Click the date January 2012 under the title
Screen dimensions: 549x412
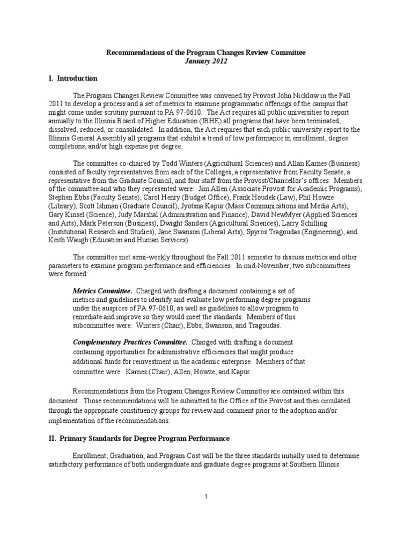[x=206, y=61]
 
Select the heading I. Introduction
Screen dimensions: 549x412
[x=73, y=78]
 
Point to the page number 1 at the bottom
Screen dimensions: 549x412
[x=205, y=497]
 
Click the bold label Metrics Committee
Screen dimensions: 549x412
[x=102, y=290]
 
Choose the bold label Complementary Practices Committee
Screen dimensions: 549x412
[x=130, y=342]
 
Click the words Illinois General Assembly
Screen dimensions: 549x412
[x=91, y=138]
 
